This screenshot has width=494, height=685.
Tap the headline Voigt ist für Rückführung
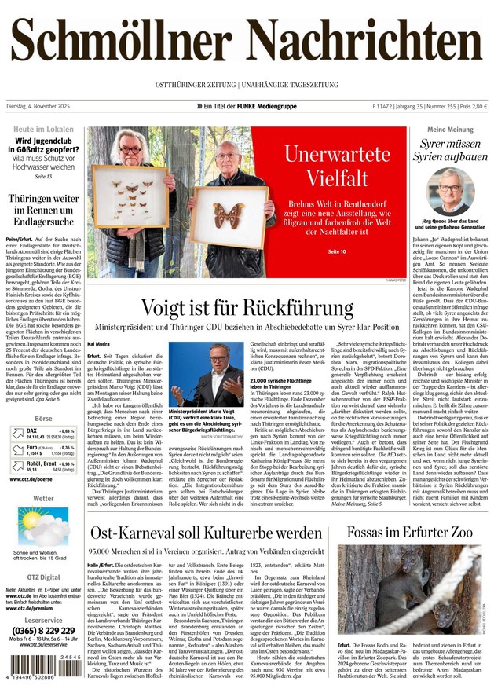(247, 307)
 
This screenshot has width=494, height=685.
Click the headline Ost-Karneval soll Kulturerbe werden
(206, 533)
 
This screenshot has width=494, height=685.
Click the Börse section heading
(43, 419)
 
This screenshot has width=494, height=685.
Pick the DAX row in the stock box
(43, 434)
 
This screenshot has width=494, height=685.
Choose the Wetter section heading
(43, 498)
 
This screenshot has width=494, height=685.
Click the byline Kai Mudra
(99, 343)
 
